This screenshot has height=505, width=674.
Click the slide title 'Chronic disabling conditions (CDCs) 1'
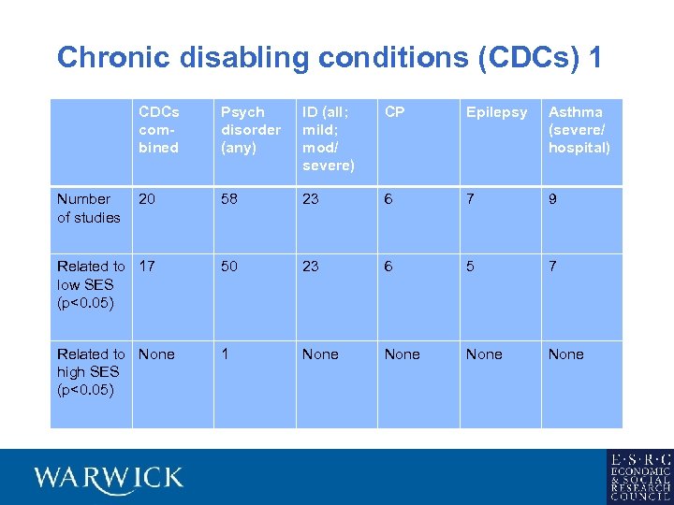329,58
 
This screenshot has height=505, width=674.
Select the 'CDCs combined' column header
158,130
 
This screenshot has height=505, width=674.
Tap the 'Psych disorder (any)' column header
250,130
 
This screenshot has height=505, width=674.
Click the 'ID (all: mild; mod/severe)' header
328,138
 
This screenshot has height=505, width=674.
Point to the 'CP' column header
395,112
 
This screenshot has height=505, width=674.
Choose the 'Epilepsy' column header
496,112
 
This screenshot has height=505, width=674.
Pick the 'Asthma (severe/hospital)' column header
579,130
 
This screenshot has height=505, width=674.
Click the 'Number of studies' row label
89,208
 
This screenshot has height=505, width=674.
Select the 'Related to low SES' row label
90,284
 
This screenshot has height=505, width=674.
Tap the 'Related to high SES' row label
90,371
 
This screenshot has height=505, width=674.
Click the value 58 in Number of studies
229,199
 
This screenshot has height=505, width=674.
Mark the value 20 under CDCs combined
147,199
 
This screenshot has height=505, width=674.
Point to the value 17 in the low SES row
147,267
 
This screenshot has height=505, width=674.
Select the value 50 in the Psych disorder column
229,267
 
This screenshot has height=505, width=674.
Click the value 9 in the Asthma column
553,199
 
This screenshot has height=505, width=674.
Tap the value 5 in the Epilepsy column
471,267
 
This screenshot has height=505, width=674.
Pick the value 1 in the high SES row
225,354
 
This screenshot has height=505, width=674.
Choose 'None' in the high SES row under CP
402,354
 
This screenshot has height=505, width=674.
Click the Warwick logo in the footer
109,478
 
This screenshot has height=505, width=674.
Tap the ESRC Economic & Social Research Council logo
638,477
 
